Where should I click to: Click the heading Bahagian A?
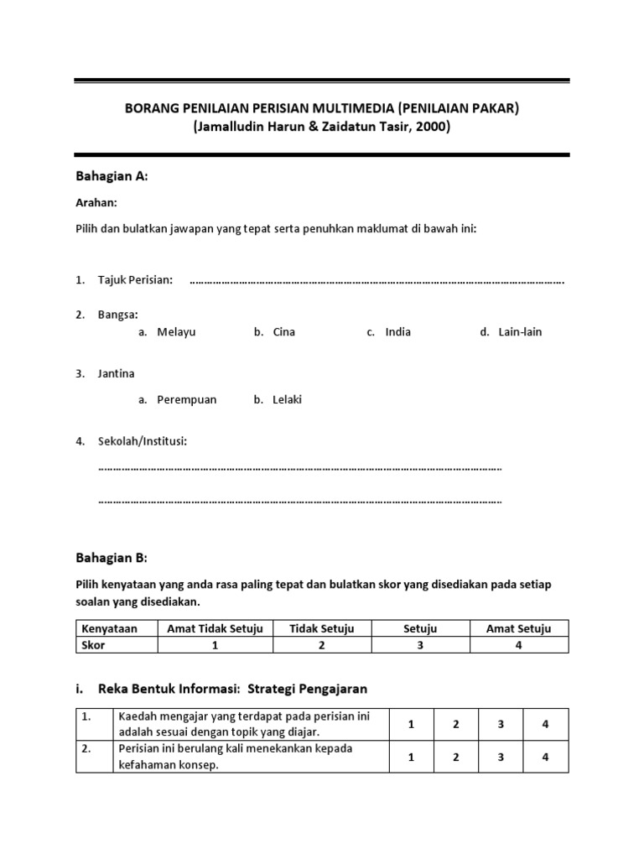pos(112,176)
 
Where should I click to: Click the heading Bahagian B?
pos(112,558)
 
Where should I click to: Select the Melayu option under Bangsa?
pos(175,332)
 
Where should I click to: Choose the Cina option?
pos(283,332)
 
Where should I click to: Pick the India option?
pos(397,332)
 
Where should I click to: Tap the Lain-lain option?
pos(520,332)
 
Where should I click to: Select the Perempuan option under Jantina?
pos(186,400)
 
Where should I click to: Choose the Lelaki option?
pos(287,400)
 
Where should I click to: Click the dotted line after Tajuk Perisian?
pos(377,281)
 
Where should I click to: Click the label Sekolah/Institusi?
pos(142,441)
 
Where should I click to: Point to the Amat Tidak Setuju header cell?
pos(215,629)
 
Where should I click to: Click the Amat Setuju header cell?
pos(518,629)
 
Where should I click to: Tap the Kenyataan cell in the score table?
pos(108,629)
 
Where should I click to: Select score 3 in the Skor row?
pos(420,645)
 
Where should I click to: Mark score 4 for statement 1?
pos(545,725)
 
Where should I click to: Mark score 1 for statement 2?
pos(411,757)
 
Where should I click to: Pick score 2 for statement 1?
pos(455,725)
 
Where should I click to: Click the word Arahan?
pos(96,202)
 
